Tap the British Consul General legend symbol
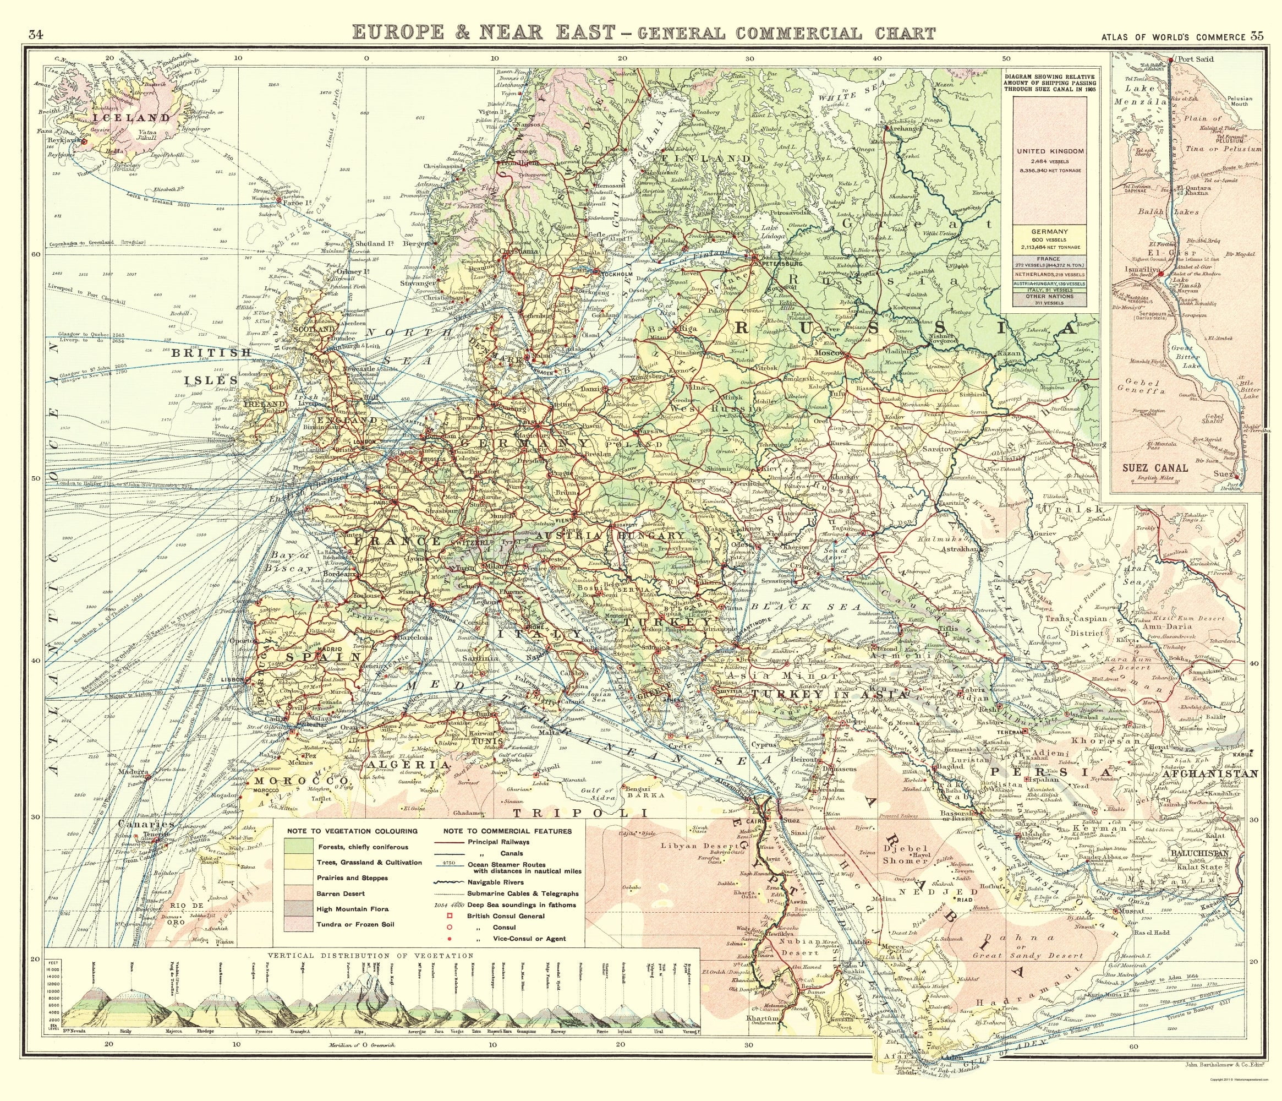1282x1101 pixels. (452, 915)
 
